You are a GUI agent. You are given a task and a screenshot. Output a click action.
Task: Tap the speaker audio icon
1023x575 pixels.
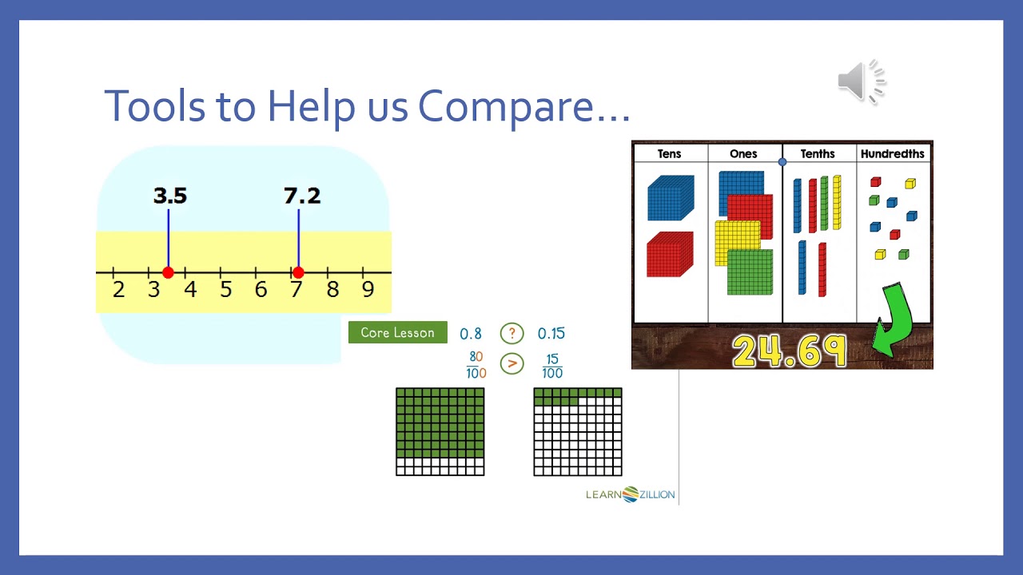pos(862,81)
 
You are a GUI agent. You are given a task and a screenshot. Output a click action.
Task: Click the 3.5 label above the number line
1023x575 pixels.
pos(169,196)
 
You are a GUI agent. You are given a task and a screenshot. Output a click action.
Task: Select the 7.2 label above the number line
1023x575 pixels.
pos(302,196)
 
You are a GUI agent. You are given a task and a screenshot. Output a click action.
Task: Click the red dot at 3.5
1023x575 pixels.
pos(168,273)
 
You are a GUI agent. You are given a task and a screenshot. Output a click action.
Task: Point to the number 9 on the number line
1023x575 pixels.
pos(368,289)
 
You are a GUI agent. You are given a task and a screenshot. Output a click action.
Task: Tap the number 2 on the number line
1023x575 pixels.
pos(118,289)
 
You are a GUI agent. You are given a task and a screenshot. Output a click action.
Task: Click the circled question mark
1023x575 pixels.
pos(511,334)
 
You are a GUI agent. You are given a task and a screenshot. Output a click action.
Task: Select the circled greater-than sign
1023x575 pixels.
pos(511,364)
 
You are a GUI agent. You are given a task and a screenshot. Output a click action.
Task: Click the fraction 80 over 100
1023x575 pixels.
pos(476,365)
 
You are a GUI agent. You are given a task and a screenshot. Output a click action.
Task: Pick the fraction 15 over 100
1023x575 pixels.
pos(551,366)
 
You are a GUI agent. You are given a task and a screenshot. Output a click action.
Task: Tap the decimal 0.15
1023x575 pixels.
pos(551,334)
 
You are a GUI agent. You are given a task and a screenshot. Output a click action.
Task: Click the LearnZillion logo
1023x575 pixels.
pos(631,494)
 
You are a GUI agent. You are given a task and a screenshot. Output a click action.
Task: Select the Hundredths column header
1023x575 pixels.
pos(892,153)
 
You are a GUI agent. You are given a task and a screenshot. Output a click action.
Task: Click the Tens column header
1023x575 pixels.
pos(669,153)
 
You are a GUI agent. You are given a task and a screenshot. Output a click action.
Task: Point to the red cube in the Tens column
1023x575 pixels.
pos(669,254)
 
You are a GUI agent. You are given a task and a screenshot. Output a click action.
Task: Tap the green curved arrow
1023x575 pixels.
pos(894,319)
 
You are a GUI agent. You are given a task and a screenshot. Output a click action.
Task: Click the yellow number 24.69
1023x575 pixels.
pos(788,351)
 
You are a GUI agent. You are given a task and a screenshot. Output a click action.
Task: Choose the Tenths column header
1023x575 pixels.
pos(818,153)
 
